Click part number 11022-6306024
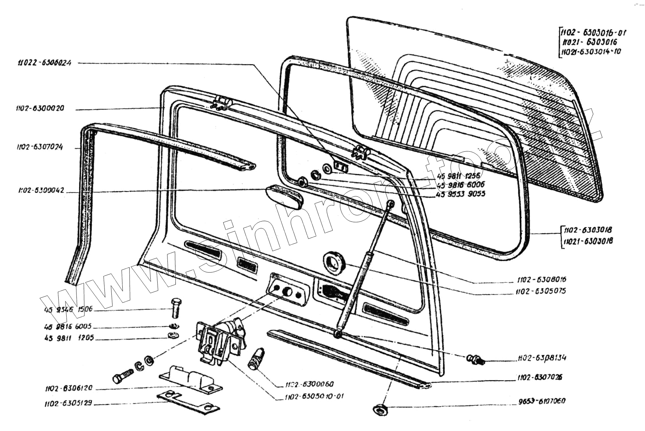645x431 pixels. click(x=44, y=63)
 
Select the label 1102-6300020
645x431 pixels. click(x=40, y=108)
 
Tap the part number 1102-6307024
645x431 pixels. click(x=40, y=147)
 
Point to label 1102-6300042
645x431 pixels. click(x=41, y=190)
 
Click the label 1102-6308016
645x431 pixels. click(x=542, y=280)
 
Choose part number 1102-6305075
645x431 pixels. click(x=541, y=291)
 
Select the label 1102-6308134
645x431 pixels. click(x=542, y=358)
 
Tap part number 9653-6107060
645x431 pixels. click(x=542, y=401)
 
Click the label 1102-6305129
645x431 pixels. click(x=68, y=403)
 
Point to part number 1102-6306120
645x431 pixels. click(x=68, y=388)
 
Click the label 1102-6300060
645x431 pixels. click(x=309, y=384)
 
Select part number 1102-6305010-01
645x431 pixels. click(x=314, y=396)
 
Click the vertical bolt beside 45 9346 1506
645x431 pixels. click(x=176, y=307)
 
